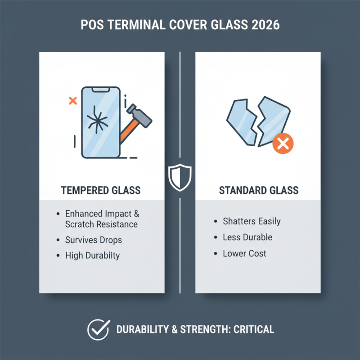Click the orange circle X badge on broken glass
click(x=282, y=144)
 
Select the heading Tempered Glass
click(x=100, y=190)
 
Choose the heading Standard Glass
click(x=258, y=190)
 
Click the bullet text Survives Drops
click(x=93, y=240)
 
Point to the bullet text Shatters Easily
click(x=252, y=221)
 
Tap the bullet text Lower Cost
click(x=244, y=253)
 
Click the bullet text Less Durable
click(x=247, y=237)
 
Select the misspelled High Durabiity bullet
click(x=92, y=256)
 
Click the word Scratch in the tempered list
click(x=81, y=224)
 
